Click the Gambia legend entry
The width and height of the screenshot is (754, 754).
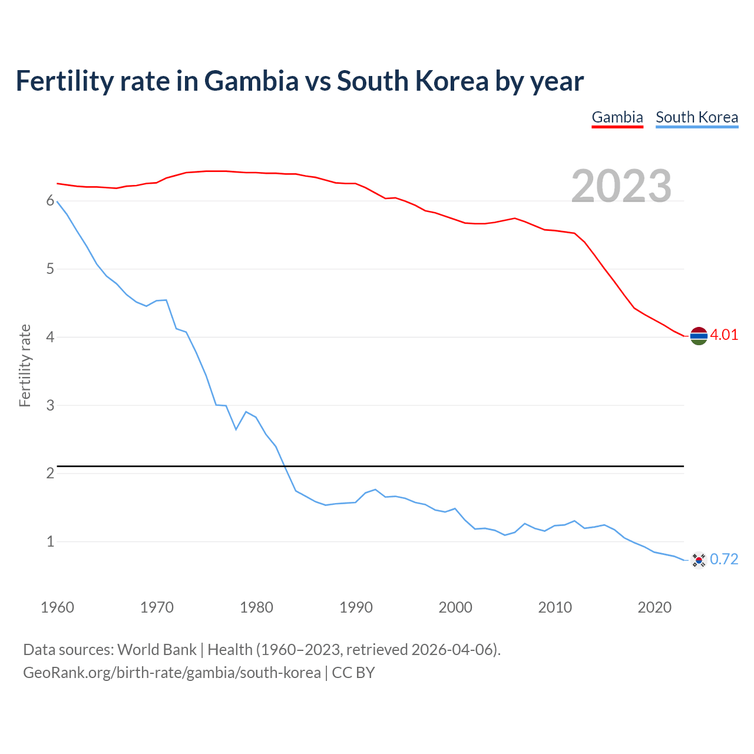[x=617, y=117]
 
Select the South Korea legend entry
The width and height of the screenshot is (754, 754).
[x=697, y=117]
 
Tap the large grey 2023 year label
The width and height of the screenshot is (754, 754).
[x=621, y=186]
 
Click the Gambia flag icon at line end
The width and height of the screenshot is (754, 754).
[x=699, y=336]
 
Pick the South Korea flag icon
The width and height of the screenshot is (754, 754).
[x=699, y=560]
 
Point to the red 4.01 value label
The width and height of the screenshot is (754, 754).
[x=724, y=335]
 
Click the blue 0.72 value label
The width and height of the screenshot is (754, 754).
[x=724, y=560]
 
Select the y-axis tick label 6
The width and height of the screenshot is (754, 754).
[x=50, y=201]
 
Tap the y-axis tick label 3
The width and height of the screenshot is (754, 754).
[x=50, y=405]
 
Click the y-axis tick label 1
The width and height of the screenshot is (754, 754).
[x=50, y=541]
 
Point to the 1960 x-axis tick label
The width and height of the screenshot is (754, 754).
[x=57, y=607]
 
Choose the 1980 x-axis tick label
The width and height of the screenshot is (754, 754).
[x=256, y=607]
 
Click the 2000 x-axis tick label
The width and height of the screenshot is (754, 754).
[x=455, y=607]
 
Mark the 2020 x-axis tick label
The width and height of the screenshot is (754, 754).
[x=654, y=607]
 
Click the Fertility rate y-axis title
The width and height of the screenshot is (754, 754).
[x=25, y=365]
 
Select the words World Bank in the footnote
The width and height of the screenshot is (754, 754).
[x=157, y=650]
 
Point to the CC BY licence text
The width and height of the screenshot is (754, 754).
[x=353, y=673]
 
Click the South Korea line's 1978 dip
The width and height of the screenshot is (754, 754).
[x=236, y=429]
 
